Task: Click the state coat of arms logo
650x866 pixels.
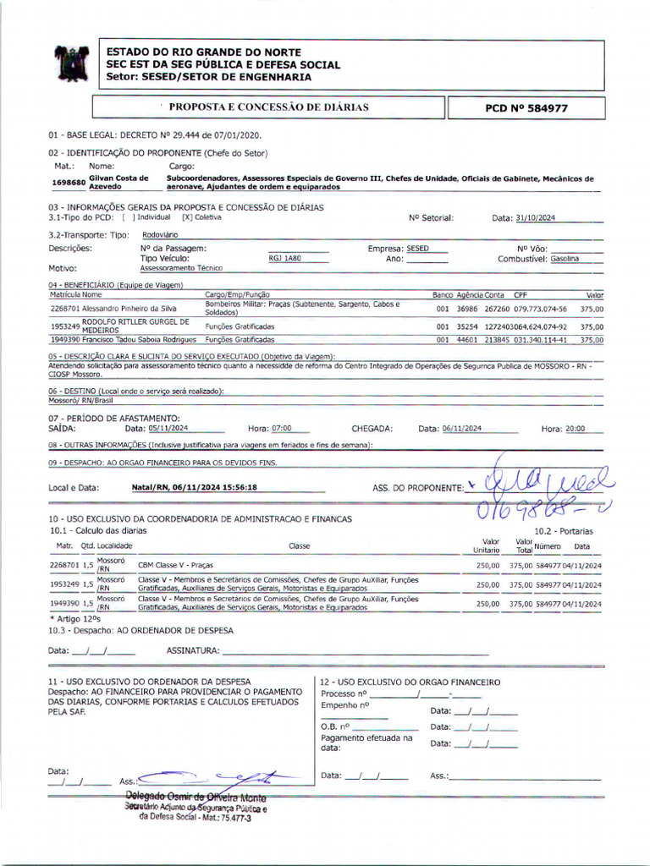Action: [x=71, y=63]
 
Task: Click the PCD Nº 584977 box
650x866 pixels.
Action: [x=526, y=108]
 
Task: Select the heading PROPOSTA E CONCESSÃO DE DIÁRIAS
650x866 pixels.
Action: [x=268, y=107]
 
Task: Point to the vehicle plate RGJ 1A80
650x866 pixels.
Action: [x=285, y=258]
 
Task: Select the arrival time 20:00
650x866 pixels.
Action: [x=575, y=429]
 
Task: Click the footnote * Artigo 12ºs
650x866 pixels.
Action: [x=75, y=619]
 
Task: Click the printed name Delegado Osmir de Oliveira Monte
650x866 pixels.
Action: [x=196, y=798]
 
